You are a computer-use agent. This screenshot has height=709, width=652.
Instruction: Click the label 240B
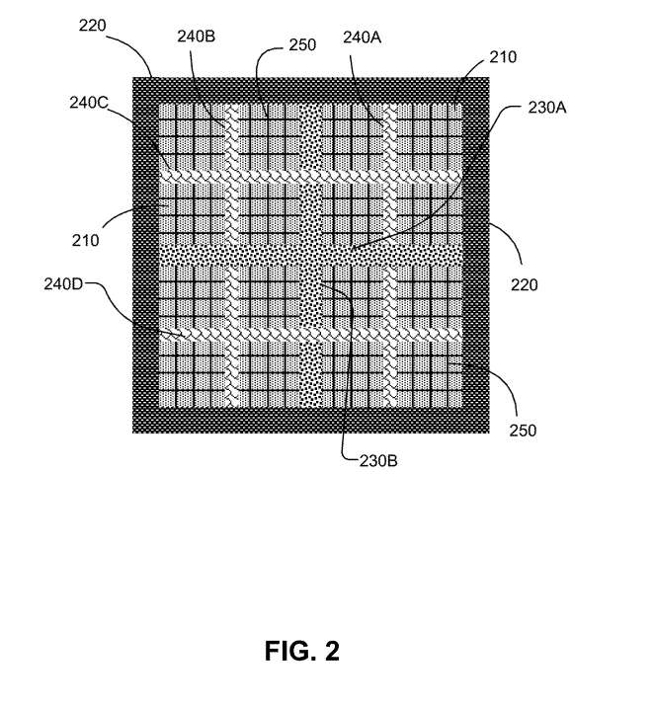[196, 37]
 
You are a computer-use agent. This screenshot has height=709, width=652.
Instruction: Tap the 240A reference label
[362, 38]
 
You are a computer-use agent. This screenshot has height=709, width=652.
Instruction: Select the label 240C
[89, 103]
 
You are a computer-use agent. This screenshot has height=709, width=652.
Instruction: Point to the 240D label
[63, 284]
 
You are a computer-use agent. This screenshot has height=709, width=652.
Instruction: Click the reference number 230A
[547, 108]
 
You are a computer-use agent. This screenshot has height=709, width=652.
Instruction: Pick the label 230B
[378, 461]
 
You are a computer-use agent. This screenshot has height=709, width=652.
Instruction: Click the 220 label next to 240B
[92, 26]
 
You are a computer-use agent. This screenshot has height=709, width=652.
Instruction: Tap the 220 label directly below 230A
[525, 284]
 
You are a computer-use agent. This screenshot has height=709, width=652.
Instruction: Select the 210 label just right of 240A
[503, 57]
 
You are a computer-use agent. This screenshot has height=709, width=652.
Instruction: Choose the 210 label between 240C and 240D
[85, 240]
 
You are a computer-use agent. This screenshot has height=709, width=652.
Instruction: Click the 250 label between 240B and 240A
[302, 44]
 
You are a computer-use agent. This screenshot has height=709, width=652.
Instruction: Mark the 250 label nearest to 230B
[523, 430]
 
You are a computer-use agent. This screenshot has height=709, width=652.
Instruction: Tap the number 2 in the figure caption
[332, 651]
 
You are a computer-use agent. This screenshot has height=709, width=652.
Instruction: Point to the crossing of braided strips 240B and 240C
[231, 176]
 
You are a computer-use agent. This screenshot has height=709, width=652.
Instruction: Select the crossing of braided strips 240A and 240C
[389, 176]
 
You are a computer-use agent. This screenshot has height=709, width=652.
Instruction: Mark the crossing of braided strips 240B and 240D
[231, 334]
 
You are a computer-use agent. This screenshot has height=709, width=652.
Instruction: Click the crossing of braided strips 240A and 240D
[389, 334]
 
